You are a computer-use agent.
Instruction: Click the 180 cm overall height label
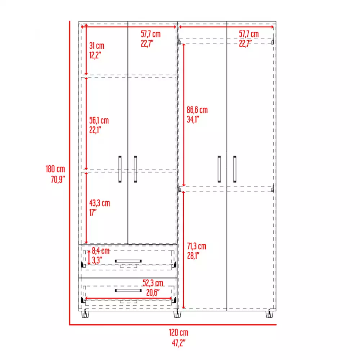[55, 168]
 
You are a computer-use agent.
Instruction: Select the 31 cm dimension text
[96, 46]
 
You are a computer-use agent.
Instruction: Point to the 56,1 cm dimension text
[99, 121]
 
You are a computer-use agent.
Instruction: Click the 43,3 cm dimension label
[100, 203]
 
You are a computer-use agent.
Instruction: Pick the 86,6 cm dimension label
[197, 110]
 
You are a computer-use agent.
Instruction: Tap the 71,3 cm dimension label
[196, 247]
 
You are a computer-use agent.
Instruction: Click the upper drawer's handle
[128, 261]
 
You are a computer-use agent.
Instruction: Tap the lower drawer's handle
[128, 290]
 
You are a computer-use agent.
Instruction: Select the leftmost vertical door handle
[120, 170]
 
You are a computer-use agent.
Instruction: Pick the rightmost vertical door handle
[235, 169]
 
